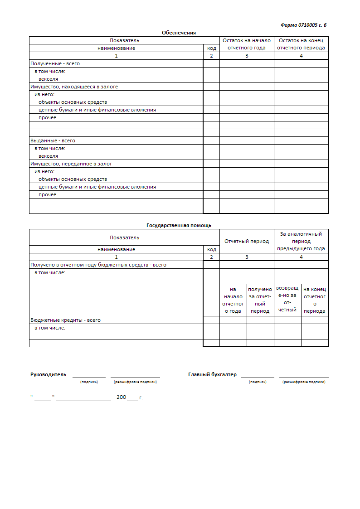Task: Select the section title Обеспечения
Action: [179, 33]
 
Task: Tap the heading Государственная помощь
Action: [179, 225]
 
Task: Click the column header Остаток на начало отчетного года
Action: [247, 44]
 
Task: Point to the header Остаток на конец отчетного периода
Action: [301, 44]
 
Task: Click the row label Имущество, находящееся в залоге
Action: [74, 87]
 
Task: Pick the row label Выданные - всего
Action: [53, 141]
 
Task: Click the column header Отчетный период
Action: [247, 241]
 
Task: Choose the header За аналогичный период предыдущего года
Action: [301, 241]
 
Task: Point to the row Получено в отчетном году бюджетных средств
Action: [98, 265]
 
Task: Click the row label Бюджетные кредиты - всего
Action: [65, 320]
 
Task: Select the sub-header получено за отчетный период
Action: [260, 300]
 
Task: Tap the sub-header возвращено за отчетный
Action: [287, 299]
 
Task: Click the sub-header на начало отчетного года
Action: [233, 300]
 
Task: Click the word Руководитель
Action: [48, 374]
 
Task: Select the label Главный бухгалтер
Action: [212, 374]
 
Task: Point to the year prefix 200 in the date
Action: [121, 397]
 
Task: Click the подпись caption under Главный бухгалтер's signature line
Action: [258, 382]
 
